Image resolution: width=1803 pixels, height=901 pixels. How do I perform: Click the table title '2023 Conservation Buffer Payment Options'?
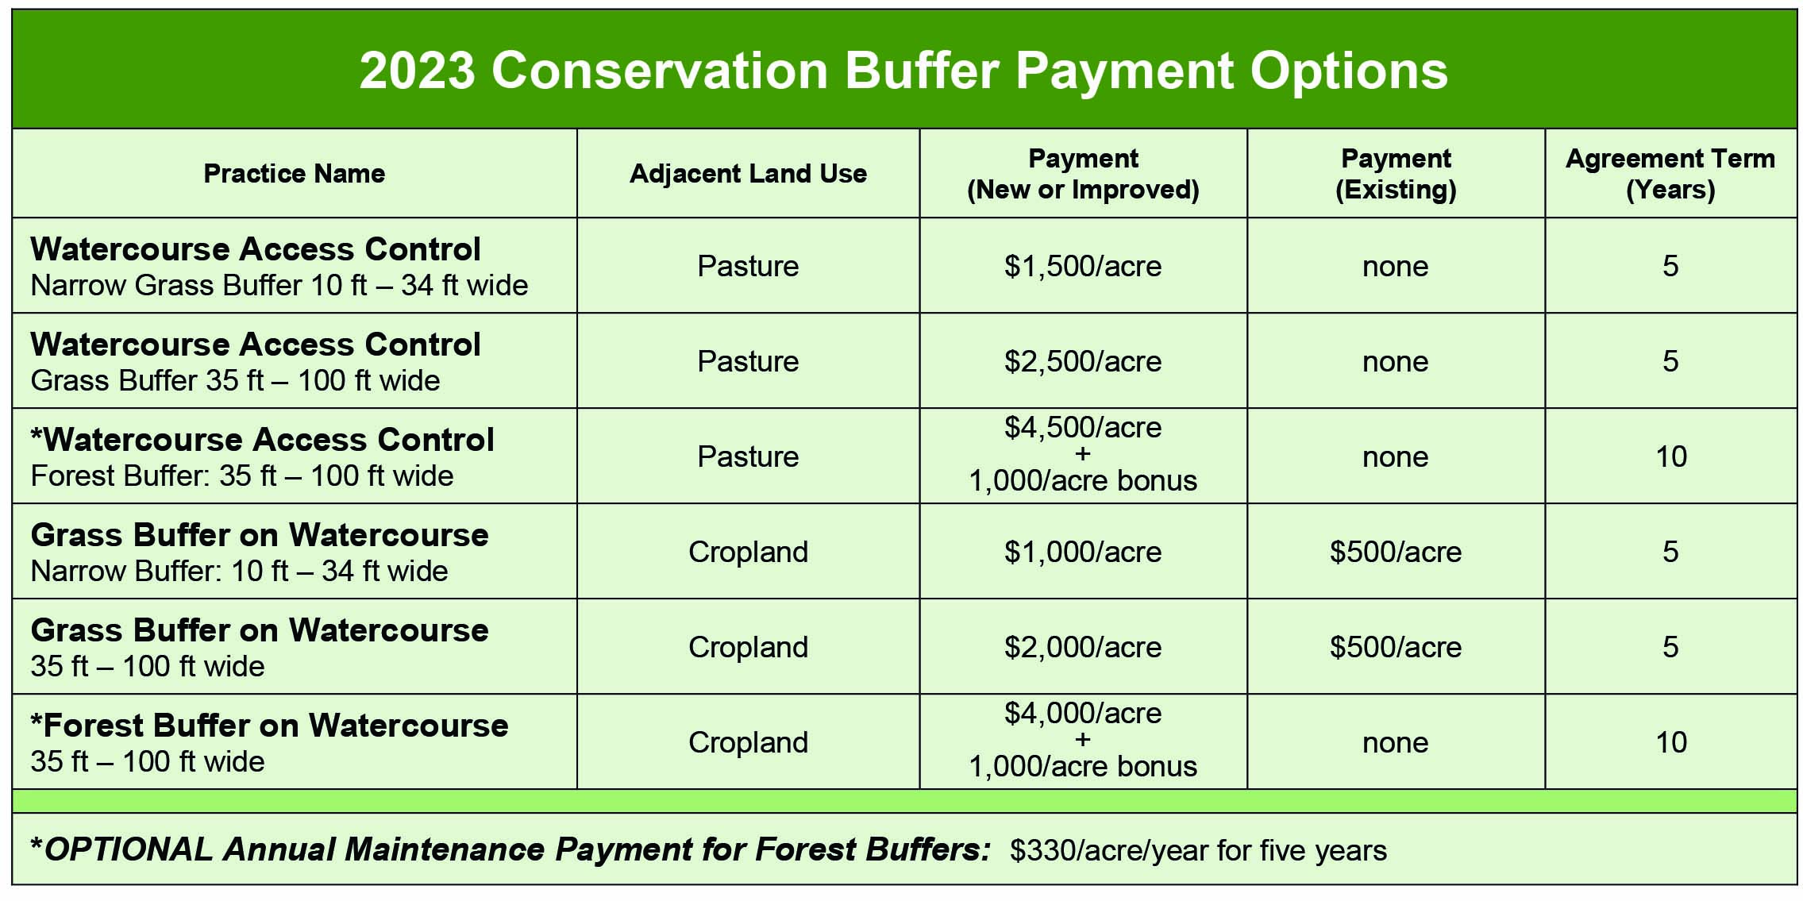[903, 71]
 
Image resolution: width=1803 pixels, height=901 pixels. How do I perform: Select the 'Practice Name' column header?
[295, 173]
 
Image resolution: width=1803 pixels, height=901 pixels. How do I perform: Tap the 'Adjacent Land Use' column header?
[748, 173]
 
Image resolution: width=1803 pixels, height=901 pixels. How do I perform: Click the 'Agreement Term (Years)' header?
[1670, 174]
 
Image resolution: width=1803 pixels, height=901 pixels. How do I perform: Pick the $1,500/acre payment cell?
[1083, 266]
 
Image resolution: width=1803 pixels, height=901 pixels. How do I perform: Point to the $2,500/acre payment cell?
[1083, 361]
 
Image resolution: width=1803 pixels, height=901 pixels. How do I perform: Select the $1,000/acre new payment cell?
[1083, 552]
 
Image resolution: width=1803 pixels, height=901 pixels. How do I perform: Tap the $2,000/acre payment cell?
[1083, 647]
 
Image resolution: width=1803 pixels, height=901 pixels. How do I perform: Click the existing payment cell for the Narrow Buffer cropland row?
[1396, 552]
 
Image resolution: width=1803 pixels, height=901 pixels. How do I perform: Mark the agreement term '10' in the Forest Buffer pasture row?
[1670, 456]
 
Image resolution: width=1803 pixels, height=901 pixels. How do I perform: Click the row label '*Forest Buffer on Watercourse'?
[269, 726]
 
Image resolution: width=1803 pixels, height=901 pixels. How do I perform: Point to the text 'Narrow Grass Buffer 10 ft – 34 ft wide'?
[279, 285]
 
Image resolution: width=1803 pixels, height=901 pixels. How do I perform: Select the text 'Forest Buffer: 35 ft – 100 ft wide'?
[242, 476]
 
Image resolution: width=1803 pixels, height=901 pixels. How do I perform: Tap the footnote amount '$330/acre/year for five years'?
[1198, 850]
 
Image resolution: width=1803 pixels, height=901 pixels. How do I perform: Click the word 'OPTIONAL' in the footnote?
[129, 849]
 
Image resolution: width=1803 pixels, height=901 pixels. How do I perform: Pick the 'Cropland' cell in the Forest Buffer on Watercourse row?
[748, 742]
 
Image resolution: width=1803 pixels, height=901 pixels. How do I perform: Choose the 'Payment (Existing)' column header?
[1396, 174]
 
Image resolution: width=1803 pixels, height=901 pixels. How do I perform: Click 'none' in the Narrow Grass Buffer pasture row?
[1396, 267]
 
